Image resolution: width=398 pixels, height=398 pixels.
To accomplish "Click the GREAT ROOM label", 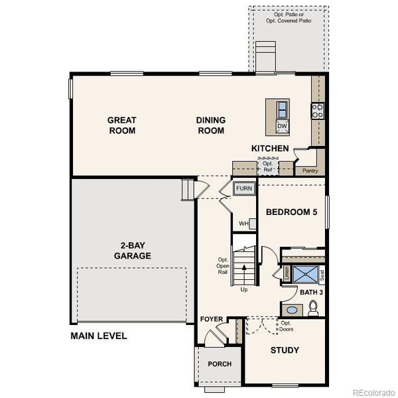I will [x=122, y=125].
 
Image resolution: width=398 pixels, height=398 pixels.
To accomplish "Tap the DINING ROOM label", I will [x=210, y=125].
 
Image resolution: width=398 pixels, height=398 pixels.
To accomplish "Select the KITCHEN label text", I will [x=269, y=149].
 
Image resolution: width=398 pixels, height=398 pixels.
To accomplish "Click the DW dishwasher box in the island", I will [x=282, y=126].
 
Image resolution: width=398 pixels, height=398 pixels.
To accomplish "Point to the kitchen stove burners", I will [x=317, y=110].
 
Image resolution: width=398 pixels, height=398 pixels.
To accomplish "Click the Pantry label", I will [x=310, y=170].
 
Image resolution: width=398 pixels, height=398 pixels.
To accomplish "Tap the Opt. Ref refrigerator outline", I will [x=267, y=166].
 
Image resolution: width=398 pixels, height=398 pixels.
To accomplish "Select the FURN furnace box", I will [x=243, y=189].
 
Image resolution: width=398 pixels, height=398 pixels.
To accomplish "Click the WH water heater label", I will [x=243, y=224].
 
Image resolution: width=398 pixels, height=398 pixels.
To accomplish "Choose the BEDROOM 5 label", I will [x=291, y=212].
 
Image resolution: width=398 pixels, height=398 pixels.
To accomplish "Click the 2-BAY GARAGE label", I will [x=132, y=250].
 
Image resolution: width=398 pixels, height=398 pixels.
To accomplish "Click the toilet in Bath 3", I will [x=314, y=307].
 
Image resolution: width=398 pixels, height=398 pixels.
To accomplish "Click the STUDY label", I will [x=285, y=350].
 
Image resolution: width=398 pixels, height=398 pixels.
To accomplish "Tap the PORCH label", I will [x=220, y=364].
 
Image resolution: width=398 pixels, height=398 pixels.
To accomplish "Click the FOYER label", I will [x=212, y=320].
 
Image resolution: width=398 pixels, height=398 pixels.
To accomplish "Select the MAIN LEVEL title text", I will [x=98, y=336].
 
